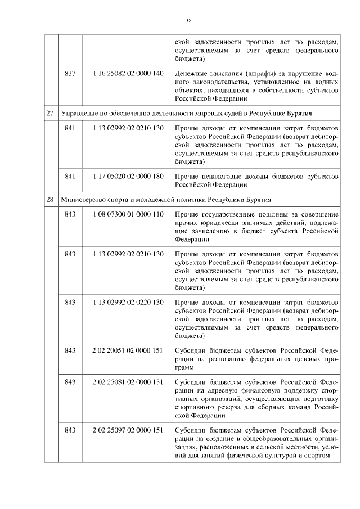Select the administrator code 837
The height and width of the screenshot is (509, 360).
(70, 74)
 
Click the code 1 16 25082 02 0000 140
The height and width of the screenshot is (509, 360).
(128, 74)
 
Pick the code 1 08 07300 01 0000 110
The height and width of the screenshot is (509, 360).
(128, 215)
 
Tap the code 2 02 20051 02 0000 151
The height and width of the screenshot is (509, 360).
(128, 351)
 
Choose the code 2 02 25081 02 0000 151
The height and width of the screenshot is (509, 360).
(128, 382)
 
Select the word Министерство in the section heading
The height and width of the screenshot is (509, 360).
(84, 200)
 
